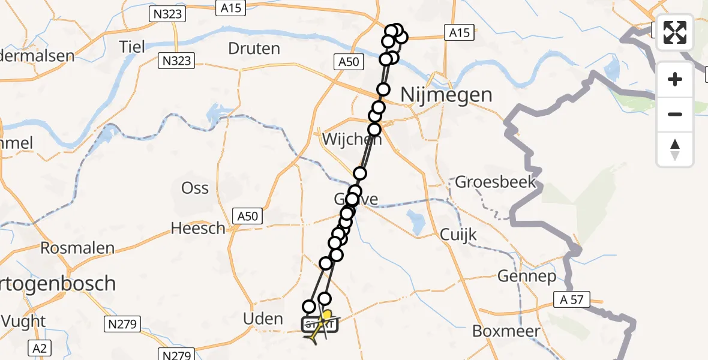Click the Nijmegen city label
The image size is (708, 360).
coord(446,95)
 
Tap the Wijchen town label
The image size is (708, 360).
coord(344,139)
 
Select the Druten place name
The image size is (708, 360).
coord(254,48)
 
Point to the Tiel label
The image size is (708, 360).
coord(132,46)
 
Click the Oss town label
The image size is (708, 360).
coord(195,188)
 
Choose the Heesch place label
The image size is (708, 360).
coord(198,228)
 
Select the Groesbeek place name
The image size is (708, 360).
coord(496,182)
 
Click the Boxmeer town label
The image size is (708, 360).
coord(506,331)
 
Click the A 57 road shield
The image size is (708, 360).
coord(573,299)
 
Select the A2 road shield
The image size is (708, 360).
coord(39,346)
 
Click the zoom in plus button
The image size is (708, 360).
coord(675,79)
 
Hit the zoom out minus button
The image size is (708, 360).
coord(675,114)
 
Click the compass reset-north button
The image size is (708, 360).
coord(675,149)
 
